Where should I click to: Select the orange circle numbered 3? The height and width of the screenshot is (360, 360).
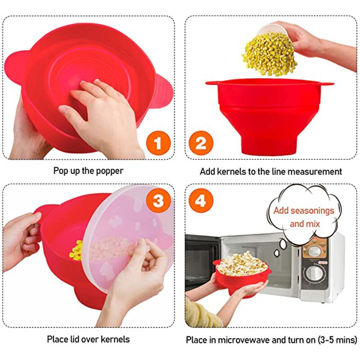point(158,201)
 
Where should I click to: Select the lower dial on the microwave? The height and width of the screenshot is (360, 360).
point(314,273)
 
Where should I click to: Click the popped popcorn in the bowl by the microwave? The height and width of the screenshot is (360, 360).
point(242,264)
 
